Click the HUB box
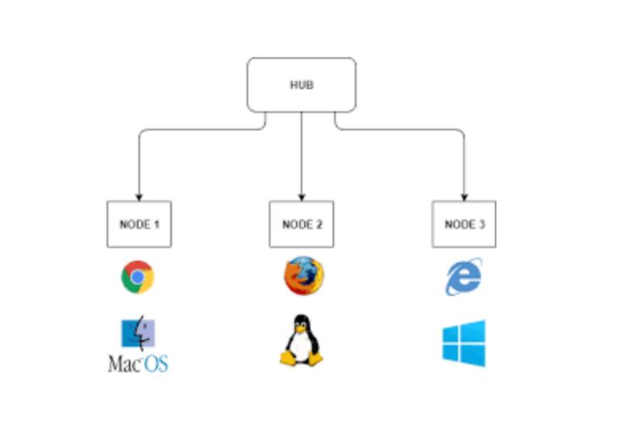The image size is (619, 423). click(301, 85)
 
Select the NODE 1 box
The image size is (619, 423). click(139, 224)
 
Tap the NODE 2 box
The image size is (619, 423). click(301, 224)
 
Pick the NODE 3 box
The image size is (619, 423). click(464, 224)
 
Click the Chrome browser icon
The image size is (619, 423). click(137, 277)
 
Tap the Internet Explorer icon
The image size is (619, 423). click(464, 277)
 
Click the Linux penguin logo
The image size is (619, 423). click(301, 340)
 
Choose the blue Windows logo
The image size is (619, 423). click(464, 343)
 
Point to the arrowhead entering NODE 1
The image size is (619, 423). click(139, 197)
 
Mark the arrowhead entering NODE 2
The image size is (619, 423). click(301, 197)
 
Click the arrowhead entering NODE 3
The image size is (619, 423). click(464, 197)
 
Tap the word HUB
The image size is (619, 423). click(301, 85)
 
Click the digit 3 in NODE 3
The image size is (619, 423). click(483, 225)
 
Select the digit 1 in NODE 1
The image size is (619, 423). click(157, 225)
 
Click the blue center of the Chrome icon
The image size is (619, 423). click(137, 277)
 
